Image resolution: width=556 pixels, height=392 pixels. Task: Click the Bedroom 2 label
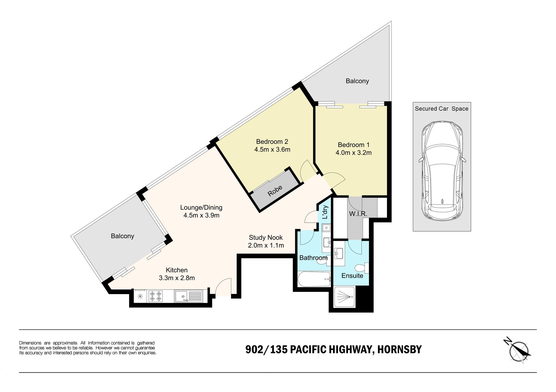click(272, 142)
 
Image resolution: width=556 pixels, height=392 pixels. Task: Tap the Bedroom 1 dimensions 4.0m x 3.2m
click(353, 153)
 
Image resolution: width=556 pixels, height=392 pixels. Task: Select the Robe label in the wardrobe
click(275, 191)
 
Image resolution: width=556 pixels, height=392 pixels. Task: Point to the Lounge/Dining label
click(201, 208)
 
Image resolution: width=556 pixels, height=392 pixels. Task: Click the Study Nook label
click(266, 238)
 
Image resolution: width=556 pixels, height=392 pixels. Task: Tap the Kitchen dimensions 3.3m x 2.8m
click(177, 278)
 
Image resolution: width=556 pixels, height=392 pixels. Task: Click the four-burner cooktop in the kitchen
click(156, 296)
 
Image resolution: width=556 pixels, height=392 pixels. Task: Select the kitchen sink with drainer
click(188, 296)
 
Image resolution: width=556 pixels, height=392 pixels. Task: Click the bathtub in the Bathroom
click(314, 279)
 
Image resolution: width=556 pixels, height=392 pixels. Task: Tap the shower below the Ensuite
click(344, 297)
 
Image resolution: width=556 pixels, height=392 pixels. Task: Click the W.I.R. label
click(358, 214)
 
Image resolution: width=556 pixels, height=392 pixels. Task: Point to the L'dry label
click(325, 212)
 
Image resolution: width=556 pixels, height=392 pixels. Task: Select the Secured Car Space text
click(442, 109)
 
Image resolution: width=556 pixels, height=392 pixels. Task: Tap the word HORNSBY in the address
click(400, 349)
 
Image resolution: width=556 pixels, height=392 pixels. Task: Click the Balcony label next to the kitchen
click(122, 236)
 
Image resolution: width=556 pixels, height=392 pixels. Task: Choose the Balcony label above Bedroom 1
click(357, 81)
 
